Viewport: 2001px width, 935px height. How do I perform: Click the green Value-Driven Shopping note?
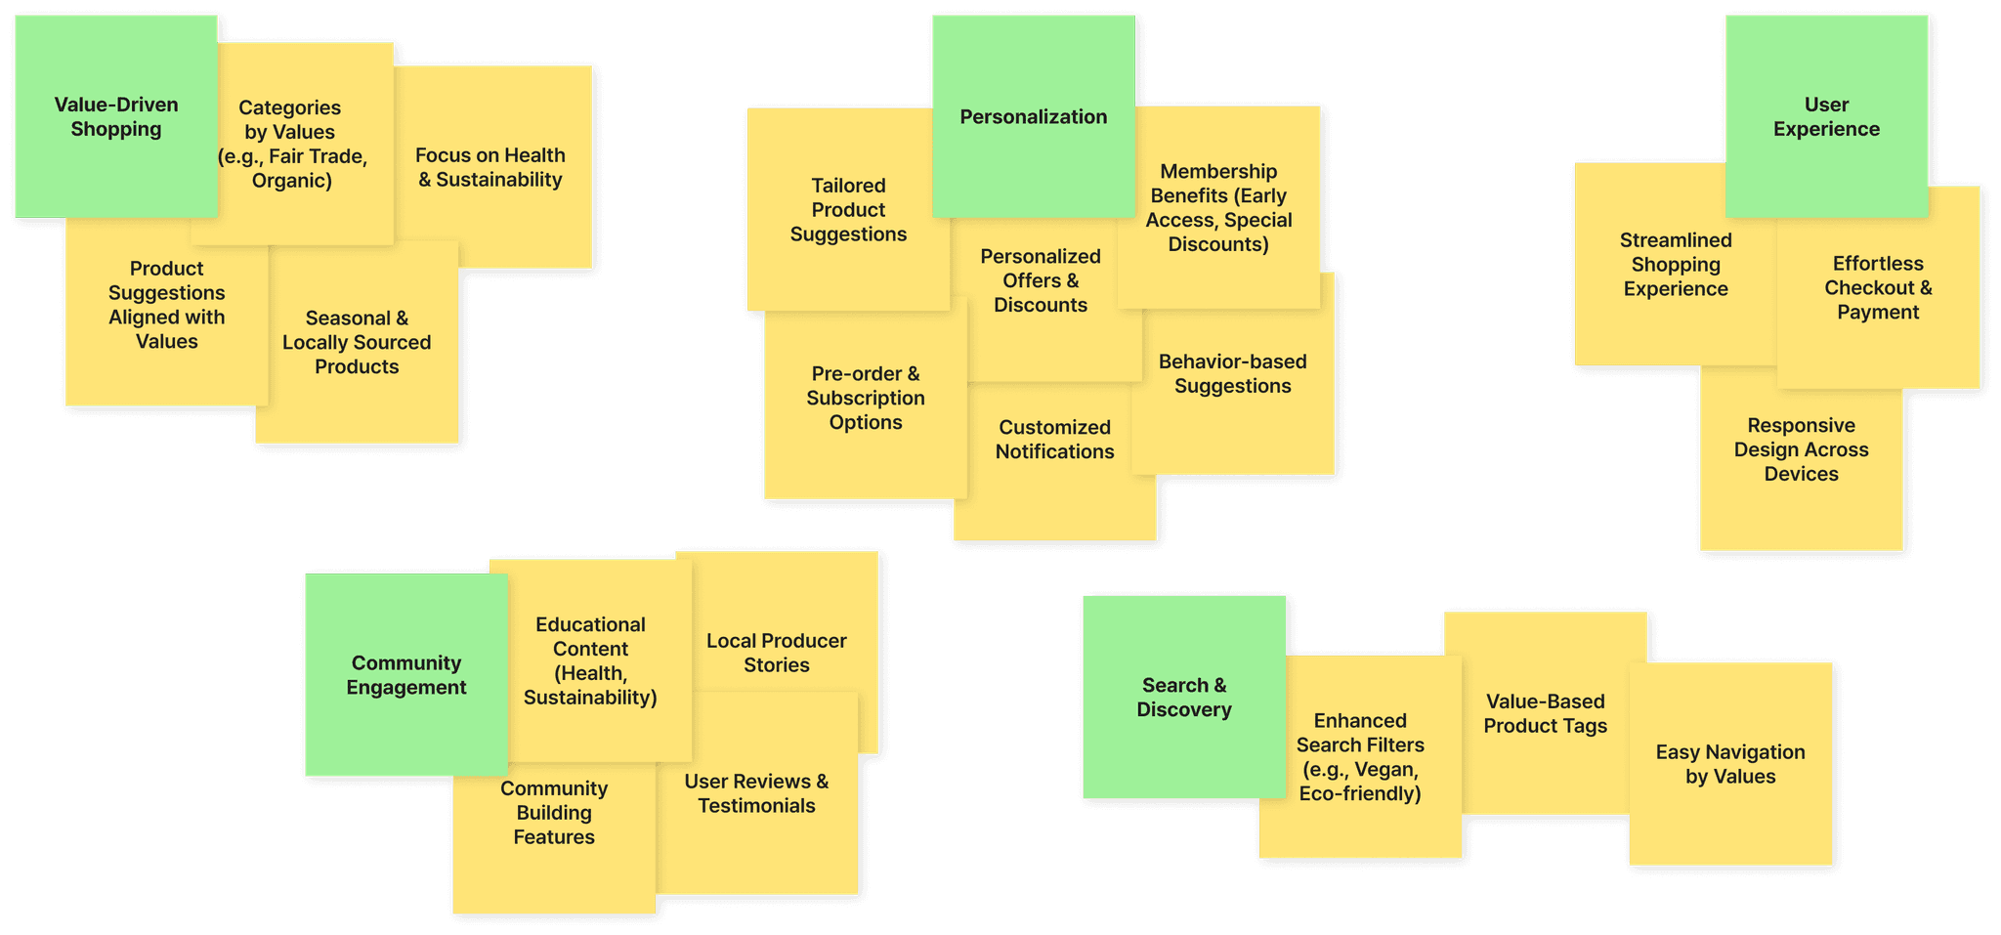tap(115, 116)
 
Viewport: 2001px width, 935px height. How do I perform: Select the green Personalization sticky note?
tap(1033, 116)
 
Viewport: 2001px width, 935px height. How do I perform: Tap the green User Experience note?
tap(1826, 116)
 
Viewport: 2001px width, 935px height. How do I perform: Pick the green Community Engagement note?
tap(405, 675)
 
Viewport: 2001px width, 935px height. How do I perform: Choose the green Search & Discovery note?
tap(1183, 698)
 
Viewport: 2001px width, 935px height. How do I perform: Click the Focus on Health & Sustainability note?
tap(490, 167)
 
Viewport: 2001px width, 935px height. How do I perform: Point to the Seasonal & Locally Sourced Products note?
tap(357, 343)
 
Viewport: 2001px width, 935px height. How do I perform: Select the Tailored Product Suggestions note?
tap(848, 210)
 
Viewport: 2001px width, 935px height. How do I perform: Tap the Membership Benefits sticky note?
tap(1218, 208)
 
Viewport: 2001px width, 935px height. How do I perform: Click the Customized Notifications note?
tap(1054, 440)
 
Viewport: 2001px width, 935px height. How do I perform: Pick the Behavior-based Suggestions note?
tap(1232, 374)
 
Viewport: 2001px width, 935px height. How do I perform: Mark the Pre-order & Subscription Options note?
tap(865, 399)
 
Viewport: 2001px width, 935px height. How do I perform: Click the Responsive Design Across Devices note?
tap(1801, 450)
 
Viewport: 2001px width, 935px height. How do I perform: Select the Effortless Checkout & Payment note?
tap(1878, 288)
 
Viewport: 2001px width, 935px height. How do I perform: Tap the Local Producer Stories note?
tap(776, 653)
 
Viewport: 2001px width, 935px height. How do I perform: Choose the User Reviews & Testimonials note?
tap(756, 793)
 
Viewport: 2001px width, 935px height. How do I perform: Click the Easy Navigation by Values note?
tap(1729, 764)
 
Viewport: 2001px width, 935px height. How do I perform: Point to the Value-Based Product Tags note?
tap(1545, 713)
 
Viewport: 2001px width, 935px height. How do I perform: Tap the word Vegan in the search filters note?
tap(1386, 769)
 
